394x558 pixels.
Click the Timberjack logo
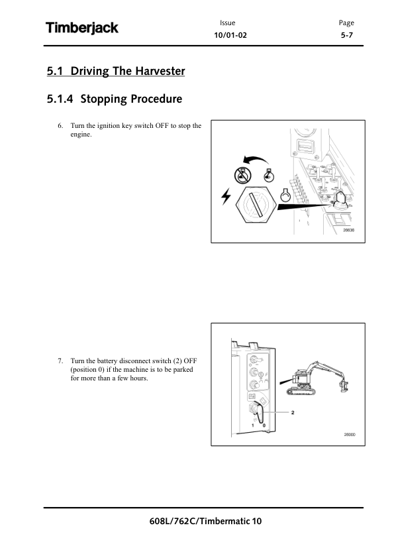[82, 28]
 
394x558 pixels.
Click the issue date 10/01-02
[230, 35]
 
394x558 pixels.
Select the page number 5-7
[347, 35]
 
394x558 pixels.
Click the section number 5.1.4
[60, 99]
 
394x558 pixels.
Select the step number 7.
[60, 361]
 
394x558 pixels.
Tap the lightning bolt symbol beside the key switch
[226, 196]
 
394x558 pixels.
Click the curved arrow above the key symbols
[256, 160]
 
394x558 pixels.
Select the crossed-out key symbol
[242, 176]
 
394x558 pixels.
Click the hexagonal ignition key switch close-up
[256, 205]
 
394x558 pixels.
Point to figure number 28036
[348, 230]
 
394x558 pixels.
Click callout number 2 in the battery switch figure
[293, 412]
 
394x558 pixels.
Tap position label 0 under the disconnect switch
[264, 425]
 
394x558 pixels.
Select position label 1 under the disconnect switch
[253, 425]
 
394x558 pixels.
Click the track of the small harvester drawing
[301, 392]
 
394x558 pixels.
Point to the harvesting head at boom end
[344, 386]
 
